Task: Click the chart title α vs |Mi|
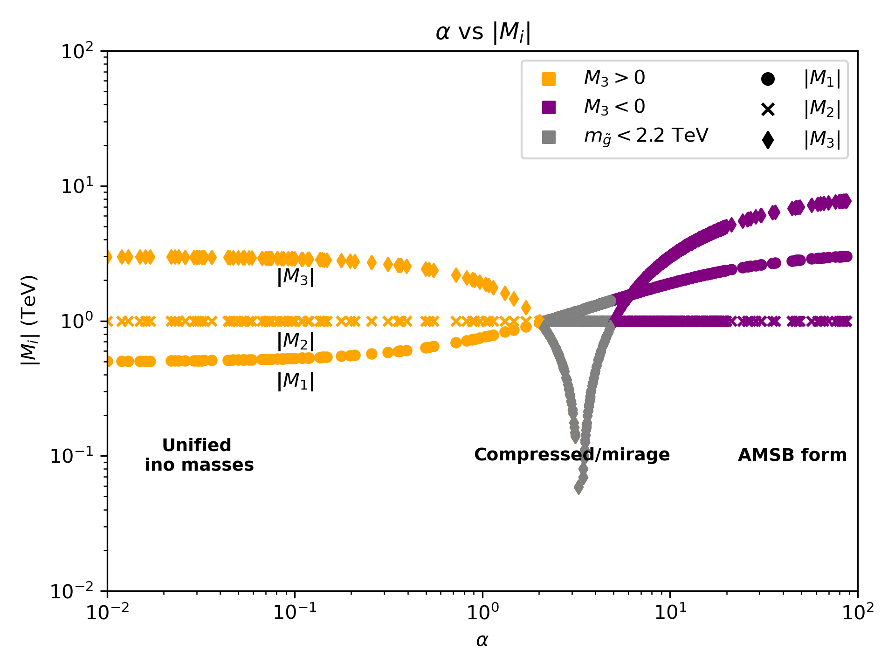click(483, 32)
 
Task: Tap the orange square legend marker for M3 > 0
click(549, 79)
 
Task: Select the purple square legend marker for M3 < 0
click(549, 108)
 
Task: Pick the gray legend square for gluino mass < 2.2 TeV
click(549, 137)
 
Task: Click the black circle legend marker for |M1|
click(768, 79)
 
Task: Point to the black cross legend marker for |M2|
click(768, 110)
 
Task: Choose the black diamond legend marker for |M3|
click(768, 140)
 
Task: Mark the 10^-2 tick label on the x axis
click(107, 612)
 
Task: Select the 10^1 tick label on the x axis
click(670, 612)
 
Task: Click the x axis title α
click(482, 641)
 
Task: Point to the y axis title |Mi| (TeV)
click(29, 321)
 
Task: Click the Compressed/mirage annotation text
click(571, 454)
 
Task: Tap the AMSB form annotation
click(792, 455)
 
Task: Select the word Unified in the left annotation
click(197, 445)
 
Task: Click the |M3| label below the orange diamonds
click(296, 277)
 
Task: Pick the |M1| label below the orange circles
click(296, 381)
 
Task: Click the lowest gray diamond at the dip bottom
click(578, 488)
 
